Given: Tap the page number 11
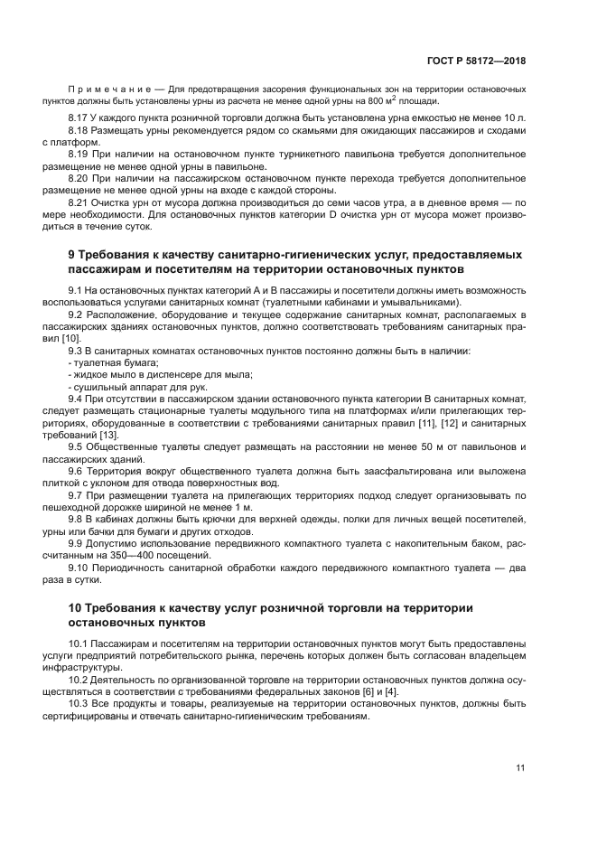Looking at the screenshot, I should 520,768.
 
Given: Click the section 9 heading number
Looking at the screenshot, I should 72,256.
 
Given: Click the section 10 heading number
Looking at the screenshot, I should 76,607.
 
